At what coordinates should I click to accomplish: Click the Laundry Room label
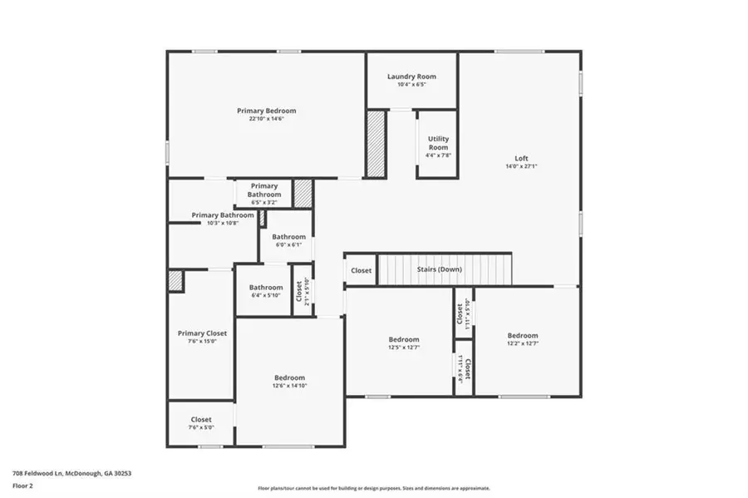click(x=411, y=76)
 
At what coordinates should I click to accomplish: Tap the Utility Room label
click(x=438, y=143)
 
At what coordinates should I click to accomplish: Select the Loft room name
click(x=521, y=158)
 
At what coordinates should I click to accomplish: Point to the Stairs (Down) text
click(x=439, y=269)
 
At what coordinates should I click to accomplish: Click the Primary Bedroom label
click(x=266, y=111)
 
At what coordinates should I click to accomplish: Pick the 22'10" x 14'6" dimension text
click(x=266, y=119)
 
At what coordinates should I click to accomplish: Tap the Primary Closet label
click(x=202, y=333)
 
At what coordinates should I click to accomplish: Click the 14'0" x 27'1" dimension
click(x=521, y=166)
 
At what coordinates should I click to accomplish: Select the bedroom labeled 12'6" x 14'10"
click(x=289, y=377)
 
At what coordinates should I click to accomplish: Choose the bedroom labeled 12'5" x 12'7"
click(x=404, y=339)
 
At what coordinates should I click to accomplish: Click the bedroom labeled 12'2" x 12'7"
click(x=523, y=336)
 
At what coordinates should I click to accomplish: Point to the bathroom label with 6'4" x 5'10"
click(x=266, y=288)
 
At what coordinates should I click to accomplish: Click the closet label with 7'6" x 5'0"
click(x=201, y=420)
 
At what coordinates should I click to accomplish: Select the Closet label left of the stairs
click(x=362, y=270)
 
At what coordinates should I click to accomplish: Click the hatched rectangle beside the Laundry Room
click(x=376, y=143)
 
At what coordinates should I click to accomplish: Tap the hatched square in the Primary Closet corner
click(x=175, y=280)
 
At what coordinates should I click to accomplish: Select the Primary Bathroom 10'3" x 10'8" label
click(x=222, y=215)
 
